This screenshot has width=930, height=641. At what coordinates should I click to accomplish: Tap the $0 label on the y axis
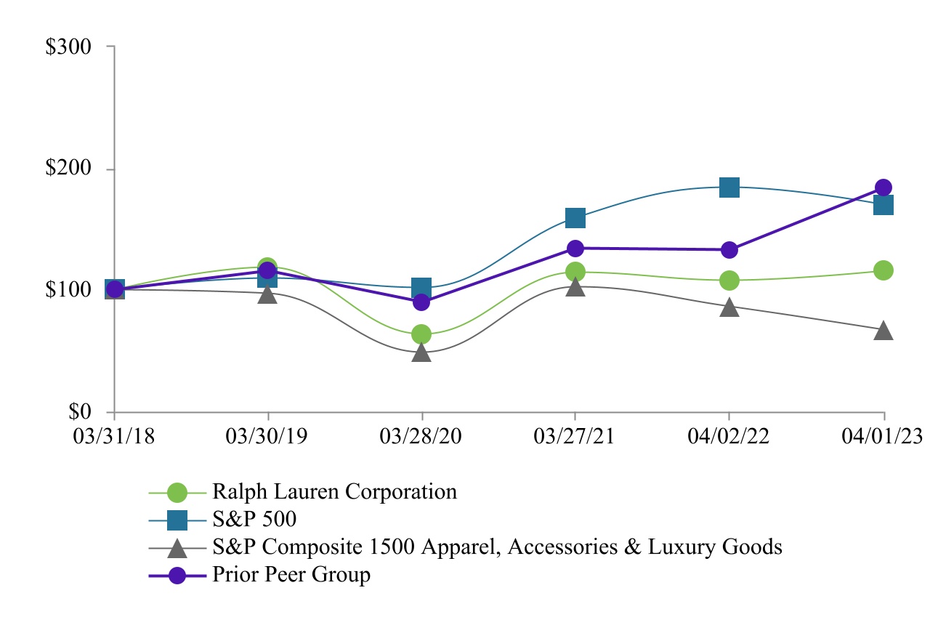pyautogui.click(x=81, y=412)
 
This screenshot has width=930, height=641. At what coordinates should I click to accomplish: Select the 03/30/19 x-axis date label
pyautogui.click(x=268, y=436)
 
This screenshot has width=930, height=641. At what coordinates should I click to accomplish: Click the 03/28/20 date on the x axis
pyautogui.click(x=422, y=436)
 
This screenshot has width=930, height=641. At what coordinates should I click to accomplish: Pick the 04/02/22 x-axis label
pyautogui.click(x=729, y=436)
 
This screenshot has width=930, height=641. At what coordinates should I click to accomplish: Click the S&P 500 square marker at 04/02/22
pyautogui.click(x=729, y=188)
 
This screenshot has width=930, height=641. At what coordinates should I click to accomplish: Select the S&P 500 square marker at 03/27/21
pyautogui.click(x=575, y=217)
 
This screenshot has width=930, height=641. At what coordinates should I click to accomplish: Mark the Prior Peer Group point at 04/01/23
pyautogui.click(x=883, y=188)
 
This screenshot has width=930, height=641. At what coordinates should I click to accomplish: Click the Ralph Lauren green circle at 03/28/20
pyautogui.click(x=422, y=334)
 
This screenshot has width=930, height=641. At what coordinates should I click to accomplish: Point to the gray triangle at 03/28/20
pyautogui.click(x=422, y=353)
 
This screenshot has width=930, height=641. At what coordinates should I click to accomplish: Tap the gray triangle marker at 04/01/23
pyautogui.click(x=883, y=331)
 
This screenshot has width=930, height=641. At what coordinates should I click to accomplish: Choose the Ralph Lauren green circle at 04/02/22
pyautogui.click(x=729, y=281)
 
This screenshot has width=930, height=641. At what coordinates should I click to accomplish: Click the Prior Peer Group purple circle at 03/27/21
pyautogui.click(x=575, y=249)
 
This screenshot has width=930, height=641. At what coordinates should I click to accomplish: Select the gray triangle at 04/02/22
pyautogui.click(x=729, y=308)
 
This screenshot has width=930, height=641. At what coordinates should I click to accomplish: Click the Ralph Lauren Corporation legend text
pyautogui.click(x=334, y=492)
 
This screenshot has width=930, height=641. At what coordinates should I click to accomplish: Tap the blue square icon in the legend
pyautogui.click(x=177, y=520)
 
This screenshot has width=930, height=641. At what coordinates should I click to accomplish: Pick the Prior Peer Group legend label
pyautogui.click(x=291, y=575)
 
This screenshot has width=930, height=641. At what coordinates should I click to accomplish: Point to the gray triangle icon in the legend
pyautogui.click(x=177, y=547)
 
